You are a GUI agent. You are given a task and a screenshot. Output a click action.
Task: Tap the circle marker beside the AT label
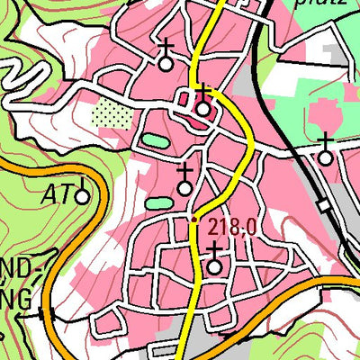tap(83, 195)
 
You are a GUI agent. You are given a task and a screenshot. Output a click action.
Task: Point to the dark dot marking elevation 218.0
tap(193, 220)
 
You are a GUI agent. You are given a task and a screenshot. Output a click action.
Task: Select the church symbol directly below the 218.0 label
tap(214, 265)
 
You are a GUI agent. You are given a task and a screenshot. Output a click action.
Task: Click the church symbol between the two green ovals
tap(184, 187)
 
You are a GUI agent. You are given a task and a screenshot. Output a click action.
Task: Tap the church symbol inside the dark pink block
tap(203, 109)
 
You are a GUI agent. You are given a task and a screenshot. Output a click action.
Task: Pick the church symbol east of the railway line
tap(325, 157)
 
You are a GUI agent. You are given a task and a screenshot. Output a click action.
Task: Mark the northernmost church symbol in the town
tap(165, 63)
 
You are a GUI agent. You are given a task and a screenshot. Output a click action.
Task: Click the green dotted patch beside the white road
tap(111, 113)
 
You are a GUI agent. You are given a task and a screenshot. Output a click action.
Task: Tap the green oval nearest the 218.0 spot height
tap(157, 203)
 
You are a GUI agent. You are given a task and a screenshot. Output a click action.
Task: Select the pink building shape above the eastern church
tap(322, 116)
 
